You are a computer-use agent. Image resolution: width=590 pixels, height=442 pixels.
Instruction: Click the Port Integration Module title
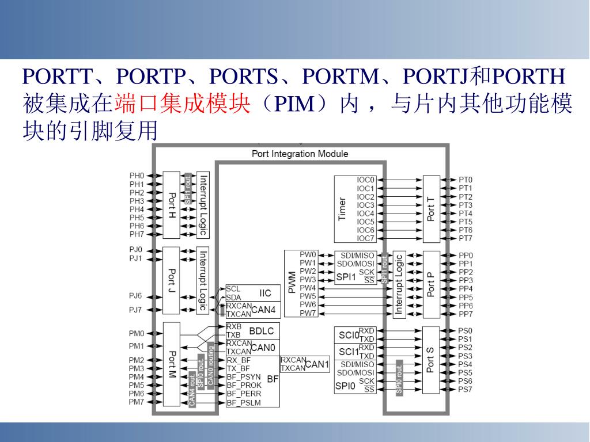pyautogui.click(x=300, y=154)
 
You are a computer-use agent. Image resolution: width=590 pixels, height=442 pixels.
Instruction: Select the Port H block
pyautogui.click(x=172, y=205)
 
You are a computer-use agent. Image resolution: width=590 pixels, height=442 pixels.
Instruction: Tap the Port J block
pyautogui.click(x=172, y=280)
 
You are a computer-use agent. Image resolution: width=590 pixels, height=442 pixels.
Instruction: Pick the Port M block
pyautogui.click(x=172, y=364)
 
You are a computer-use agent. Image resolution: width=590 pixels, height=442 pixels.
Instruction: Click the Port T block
pyautogui.click(x=432, y=209)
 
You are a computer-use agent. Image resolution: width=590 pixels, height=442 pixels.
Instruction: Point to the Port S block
pyautogui.click(x=432, y=360)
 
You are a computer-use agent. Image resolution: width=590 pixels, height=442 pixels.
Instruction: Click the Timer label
pyautogui.click(x=343, y=209)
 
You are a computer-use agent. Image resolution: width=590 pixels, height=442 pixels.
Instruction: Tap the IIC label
pyautogui.click(x=265, y=293)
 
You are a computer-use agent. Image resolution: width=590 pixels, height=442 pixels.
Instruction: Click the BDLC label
pyautogui.click(x=261, y=331)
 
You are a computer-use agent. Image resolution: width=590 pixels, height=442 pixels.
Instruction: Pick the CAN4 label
pyautogui.click(x=263, y=310)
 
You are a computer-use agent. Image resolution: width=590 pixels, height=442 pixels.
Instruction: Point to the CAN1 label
pyautogui.click(x=317, y=364)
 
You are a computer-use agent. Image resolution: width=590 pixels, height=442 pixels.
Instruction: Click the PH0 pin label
pyautogui.click(x=137, y=176)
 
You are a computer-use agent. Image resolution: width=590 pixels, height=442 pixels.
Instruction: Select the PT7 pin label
pyautogui.click(x=466, y=238)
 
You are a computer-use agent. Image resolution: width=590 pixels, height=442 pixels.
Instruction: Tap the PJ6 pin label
pyautogui.click(x=135, y=296)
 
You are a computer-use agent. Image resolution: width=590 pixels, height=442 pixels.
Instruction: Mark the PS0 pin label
pyautogui.click(x=465, y=331)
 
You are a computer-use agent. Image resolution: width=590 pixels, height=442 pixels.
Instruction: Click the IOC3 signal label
pyautogui.click(x=365, y=205)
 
